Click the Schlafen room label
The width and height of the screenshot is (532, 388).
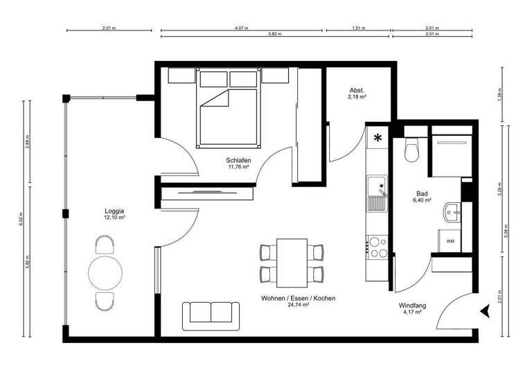[238, 159]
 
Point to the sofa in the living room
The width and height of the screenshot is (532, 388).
[211, 315]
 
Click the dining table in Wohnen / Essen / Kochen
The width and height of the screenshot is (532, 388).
[292, 263]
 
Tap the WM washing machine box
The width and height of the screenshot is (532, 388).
[450, 242]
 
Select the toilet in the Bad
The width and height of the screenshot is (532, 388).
[412, 150]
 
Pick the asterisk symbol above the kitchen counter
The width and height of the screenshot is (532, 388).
[378, 138]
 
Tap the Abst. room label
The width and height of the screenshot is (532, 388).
[357, 91]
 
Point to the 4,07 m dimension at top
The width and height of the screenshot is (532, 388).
[241, 28]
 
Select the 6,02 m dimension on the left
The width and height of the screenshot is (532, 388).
[21, 220]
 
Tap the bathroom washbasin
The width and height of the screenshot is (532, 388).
[452, 211]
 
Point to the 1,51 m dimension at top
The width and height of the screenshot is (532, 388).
[358, 28]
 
